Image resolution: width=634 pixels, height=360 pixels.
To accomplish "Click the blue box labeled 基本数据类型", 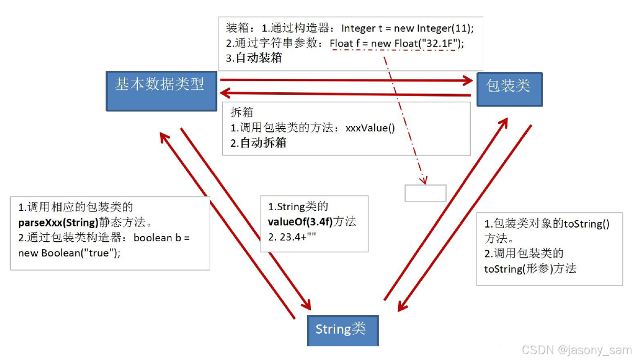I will (161, 90).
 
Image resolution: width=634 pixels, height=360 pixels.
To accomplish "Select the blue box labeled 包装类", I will (509, 89).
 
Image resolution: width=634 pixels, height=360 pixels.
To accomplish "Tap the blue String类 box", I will (342, 330).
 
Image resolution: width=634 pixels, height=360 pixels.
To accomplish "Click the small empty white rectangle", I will (425, 193).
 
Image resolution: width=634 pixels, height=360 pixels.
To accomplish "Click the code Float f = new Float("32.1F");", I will (393, 44).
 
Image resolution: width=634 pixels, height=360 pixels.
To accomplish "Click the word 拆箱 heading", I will (242, 112).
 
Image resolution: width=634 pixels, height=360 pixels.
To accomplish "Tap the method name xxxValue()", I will (370, 128).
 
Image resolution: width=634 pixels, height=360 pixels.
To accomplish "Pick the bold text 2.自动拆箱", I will (258, 143).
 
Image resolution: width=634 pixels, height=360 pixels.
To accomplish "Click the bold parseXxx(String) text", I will (58, 222).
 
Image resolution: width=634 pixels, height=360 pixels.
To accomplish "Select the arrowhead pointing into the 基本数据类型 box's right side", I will (225, 94).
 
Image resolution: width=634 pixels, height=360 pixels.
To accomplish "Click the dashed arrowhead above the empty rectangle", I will (423, 180).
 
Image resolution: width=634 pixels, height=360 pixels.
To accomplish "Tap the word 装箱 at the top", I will (236, 28).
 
